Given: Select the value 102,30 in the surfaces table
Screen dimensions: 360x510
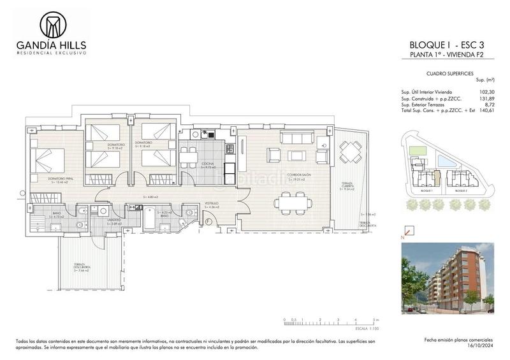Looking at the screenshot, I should click(486, 92).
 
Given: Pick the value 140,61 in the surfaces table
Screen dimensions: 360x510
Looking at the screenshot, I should click(486, 111).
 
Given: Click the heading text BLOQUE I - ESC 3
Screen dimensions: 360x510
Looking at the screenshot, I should click(451, 45).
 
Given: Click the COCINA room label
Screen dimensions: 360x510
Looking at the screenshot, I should click(208, 164).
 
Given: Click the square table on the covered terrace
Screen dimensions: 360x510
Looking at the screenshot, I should click(350, 151).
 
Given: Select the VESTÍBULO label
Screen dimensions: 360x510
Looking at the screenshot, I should click(212, 204).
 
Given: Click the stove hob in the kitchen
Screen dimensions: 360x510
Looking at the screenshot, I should click(229, 149).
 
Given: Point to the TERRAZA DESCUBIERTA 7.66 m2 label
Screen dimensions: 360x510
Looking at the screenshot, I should click(81, 268).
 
